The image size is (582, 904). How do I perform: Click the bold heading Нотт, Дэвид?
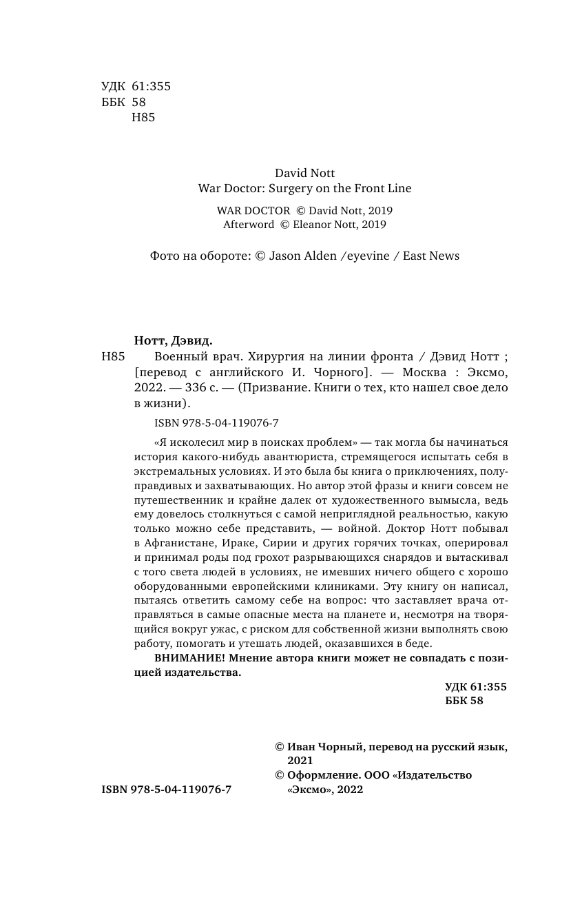pos(174,340)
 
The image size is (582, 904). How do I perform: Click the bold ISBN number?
pos(166,790)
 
